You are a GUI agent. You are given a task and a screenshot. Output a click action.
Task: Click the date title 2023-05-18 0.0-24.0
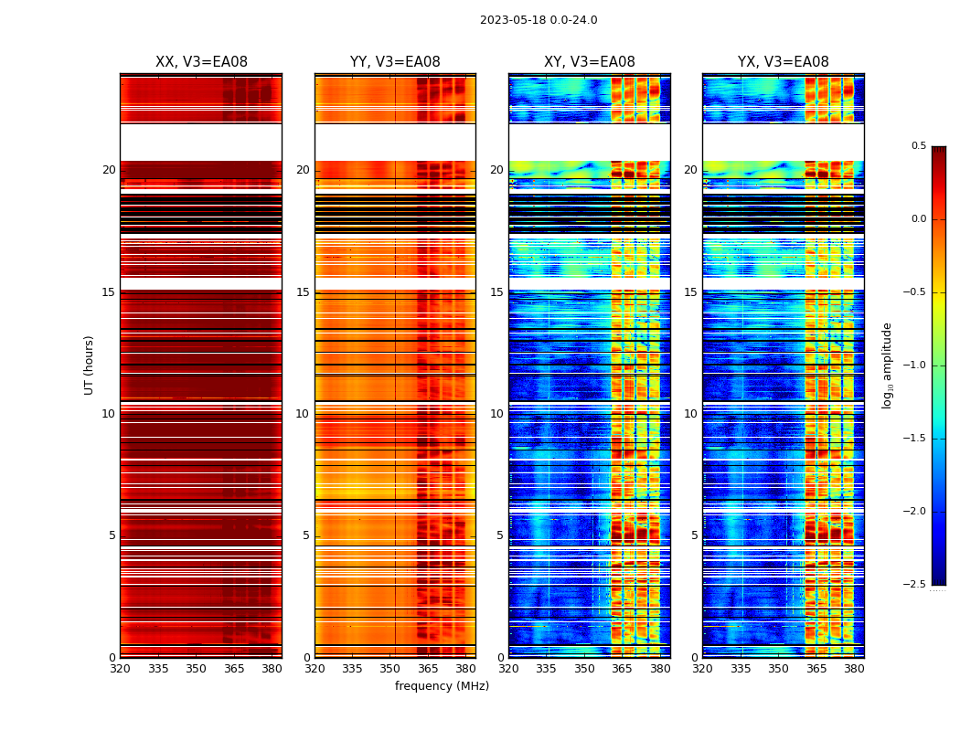pos(539,20)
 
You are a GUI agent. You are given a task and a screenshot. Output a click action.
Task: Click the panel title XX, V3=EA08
pos(201,62)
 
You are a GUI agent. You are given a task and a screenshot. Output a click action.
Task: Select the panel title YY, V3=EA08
pos(395,62)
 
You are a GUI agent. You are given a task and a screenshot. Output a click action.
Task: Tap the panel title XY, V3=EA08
pos(590,62)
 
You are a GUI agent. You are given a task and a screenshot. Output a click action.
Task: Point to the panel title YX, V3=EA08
pos(784,62)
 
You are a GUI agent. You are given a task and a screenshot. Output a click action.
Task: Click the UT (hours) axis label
pos(89,365)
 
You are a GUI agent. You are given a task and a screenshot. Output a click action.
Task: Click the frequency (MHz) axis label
pos(442,686)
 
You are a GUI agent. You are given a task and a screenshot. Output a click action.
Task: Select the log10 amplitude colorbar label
pos(887,365)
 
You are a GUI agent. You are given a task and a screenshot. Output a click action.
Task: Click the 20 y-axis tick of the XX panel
pos(109,170)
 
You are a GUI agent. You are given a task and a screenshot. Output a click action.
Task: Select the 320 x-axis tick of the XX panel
pos(120,669)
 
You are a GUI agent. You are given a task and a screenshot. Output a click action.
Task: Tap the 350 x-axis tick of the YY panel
pos(390,669)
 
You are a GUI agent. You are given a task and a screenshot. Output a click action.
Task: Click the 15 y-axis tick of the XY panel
pos(496,292)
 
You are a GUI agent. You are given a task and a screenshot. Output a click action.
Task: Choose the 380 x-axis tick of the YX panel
pos(854,669)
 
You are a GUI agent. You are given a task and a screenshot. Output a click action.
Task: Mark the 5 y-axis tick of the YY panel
pos(306,535)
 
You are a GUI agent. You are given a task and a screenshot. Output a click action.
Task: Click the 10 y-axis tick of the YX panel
pos(690,414)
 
